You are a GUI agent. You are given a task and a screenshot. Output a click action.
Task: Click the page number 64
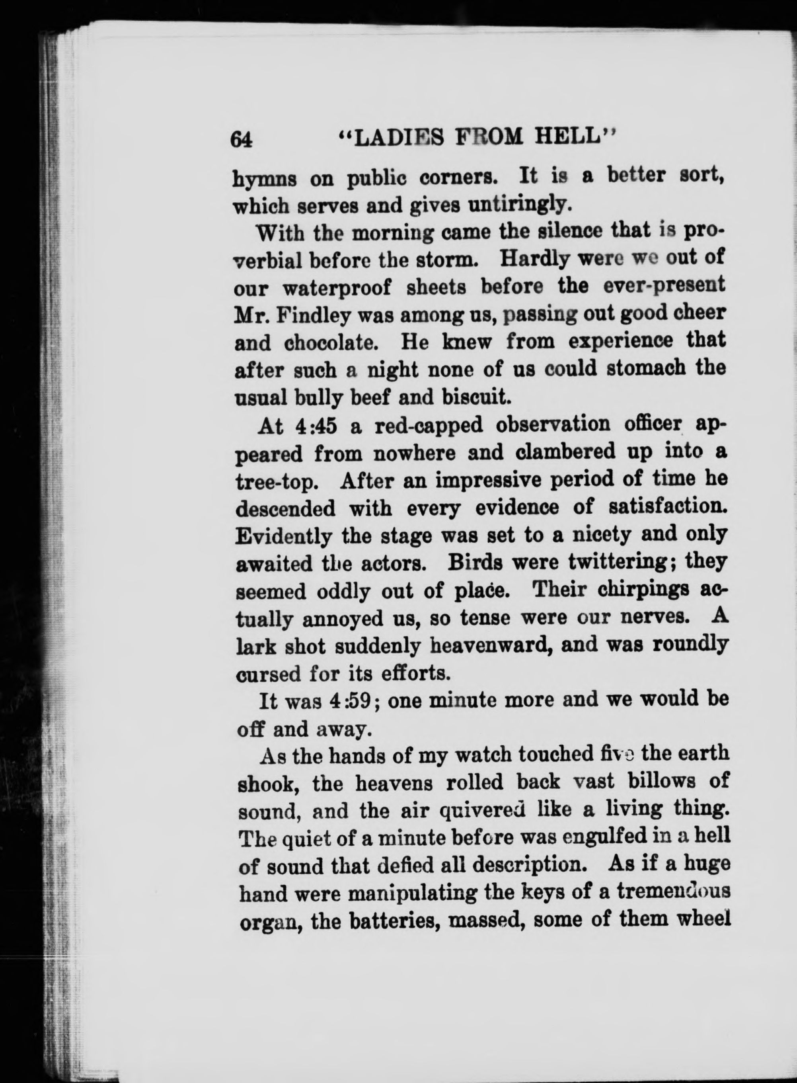coord(242,139)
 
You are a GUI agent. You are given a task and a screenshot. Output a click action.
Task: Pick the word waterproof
coord(337,289)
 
